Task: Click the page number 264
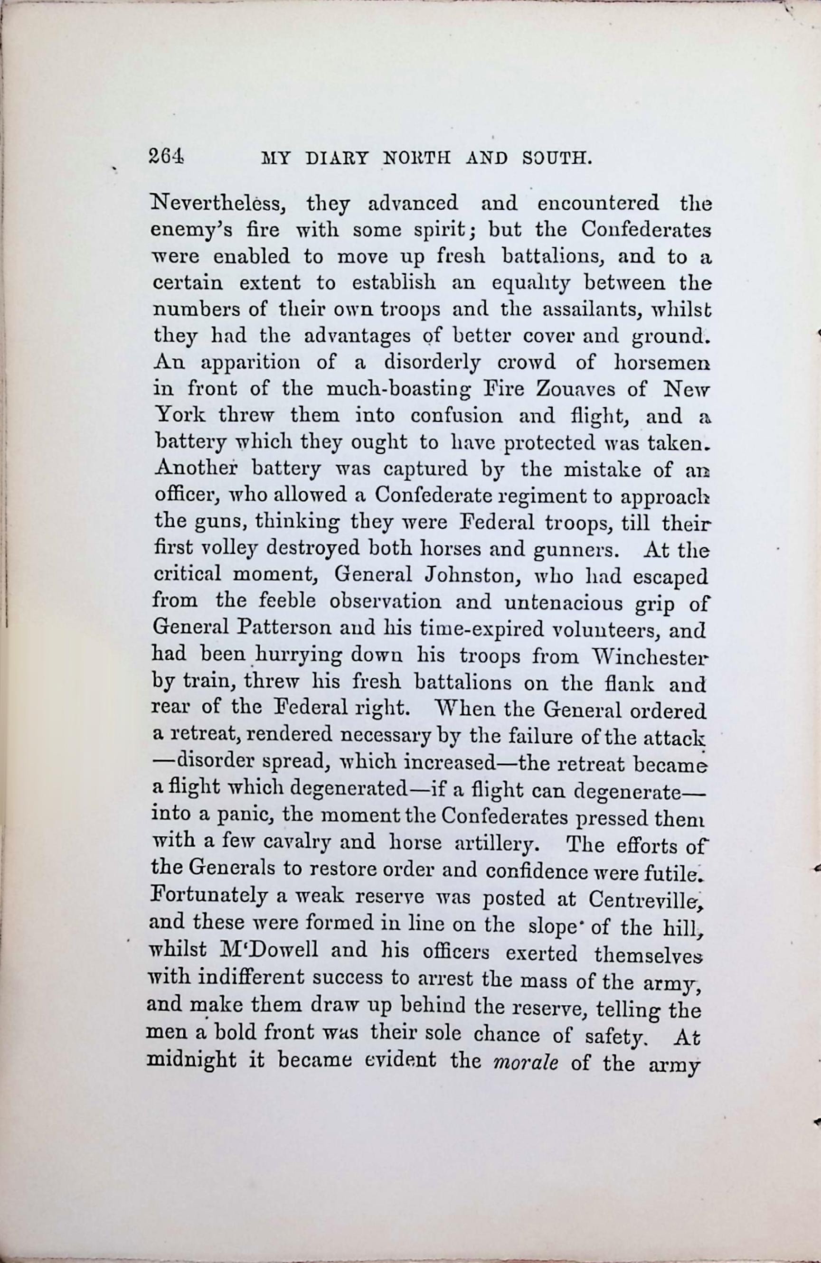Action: click(x=166, y=157)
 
